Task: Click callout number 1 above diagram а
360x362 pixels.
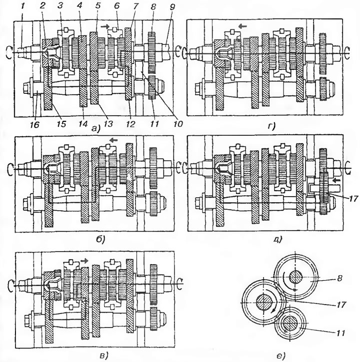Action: pyautogui.click(x=22, y=6)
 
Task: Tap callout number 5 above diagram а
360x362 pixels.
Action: pyautogui.click(x=98, y=6)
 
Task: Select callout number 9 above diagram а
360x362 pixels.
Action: pyautogui.click(x=172, y=6)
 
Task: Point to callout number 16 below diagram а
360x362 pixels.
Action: pyautogui.click(x=34, y=125)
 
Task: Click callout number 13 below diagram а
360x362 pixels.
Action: pyautogui.click(x=108, y=124)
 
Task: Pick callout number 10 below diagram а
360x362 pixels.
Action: pyautogui.click(x=178, y=124)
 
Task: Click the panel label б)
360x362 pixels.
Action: pyautogui.click(x=100, y=239)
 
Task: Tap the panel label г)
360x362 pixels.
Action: pyautogui.click(x=271, y=126)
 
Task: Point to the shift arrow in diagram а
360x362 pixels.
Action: pyautogui.click(x=104, y=26)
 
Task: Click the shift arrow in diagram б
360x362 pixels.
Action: pyautogui.click(x=113, y=140)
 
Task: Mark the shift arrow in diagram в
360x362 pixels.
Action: pyautogui.click(x=84, y=261)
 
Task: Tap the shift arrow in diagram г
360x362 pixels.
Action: pyautogui.click(x=242, y=26)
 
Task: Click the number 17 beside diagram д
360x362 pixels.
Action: pyautogui.click(x=353, y=199)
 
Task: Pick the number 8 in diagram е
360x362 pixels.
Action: pyautogui.click(x=339, y=278)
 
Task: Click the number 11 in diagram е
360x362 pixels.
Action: pyautogui.click(x=340, y=333)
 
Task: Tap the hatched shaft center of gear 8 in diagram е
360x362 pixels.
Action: pyautogui.click(x=295, y=277)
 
